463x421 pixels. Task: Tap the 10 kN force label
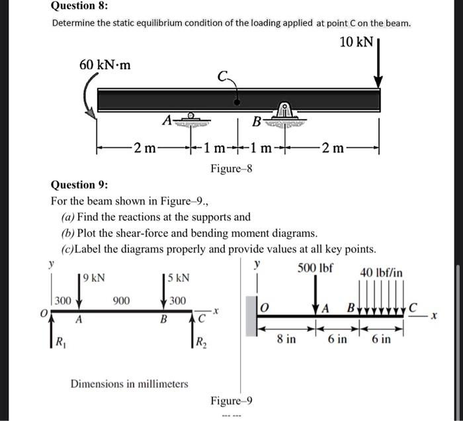(356, 43)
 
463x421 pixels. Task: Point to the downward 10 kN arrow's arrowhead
(378, 82)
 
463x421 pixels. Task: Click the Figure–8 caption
(231, 169)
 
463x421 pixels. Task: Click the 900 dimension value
(121, 301)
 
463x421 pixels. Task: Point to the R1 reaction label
(61, 344)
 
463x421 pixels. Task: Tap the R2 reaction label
(199, 344)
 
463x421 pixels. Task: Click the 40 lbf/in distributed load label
(381, 272)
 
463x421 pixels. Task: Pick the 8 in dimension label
(285, 340)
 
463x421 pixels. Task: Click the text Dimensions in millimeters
(129, 383)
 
